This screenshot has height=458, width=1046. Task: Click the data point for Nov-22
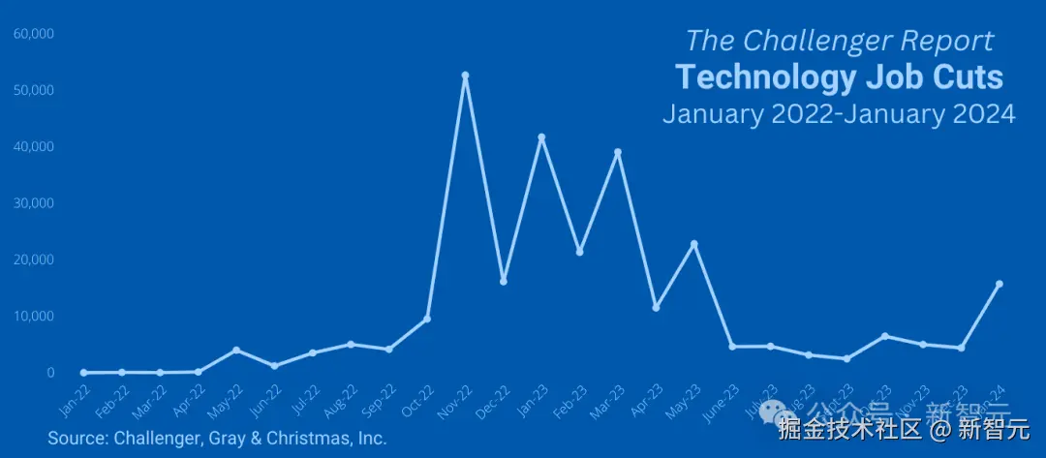tap(465, 75)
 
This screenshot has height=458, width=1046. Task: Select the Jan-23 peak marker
tap(541, 137)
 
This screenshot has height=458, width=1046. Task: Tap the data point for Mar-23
tap(618, 152)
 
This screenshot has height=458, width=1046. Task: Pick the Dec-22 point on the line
tap(504, 281)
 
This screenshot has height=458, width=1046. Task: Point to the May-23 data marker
tap(694, 244)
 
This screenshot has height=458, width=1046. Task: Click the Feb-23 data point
tap(580, 252)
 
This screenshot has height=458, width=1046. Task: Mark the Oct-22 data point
tap(427, 319)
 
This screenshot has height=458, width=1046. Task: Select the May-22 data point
tap(236, 350)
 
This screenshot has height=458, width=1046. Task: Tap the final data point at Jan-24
tap(1000, 284)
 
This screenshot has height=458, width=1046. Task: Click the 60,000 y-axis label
tap(34, 34)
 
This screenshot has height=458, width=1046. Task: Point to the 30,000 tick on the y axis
tap(34, 203)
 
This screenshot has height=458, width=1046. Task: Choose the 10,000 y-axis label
tap(34, 317)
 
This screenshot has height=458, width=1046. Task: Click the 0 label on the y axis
tap(50, 373)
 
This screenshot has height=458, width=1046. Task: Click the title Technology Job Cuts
tap(839, 76)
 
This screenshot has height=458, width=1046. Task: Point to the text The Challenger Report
tap(839, 41)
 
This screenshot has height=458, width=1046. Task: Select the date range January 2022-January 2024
tap(839, 113)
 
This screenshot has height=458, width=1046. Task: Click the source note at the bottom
tap(217, 439)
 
